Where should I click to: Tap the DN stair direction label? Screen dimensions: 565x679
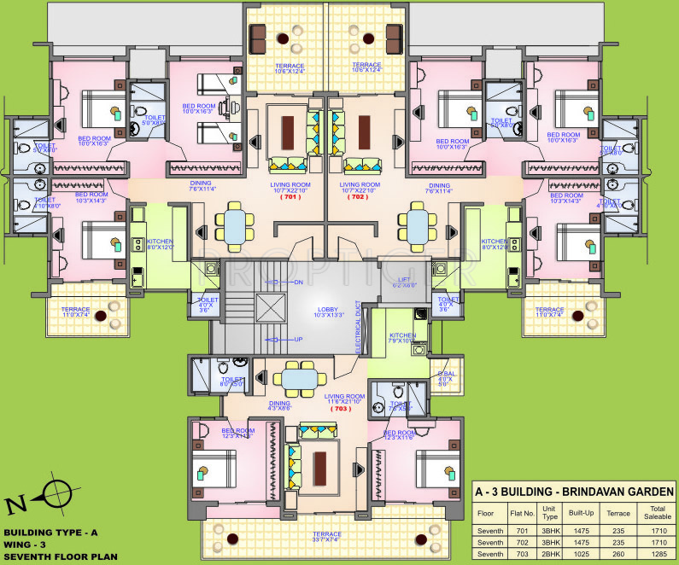click(x=298, y=282)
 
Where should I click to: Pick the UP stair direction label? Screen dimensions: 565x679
click(x=298, y=339)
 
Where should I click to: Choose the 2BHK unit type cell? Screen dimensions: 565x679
click(x=550, y=554)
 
